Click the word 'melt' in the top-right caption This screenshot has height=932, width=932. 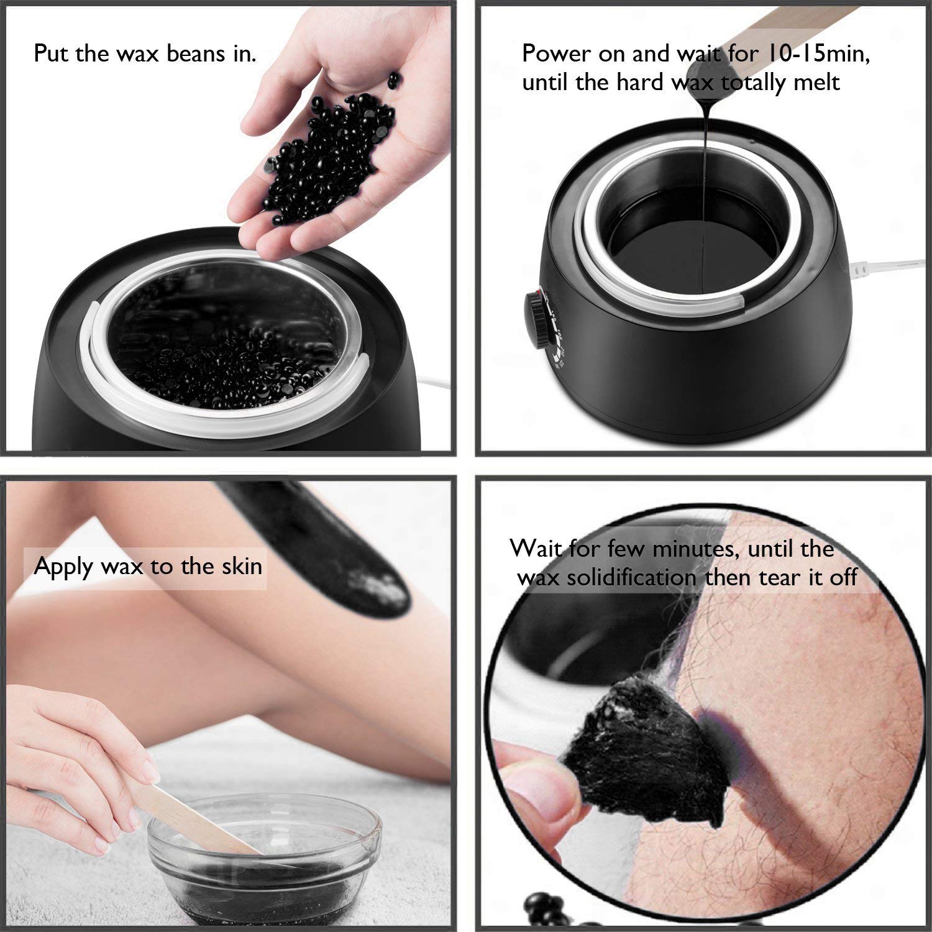coord(816,82)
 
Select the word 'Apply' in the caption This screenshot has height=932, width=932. coord(63,567)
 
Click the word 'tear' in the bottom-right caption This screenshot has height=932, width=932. coord(783,577)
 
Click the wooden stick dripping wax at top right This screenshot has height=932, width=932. coord(777,31)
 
